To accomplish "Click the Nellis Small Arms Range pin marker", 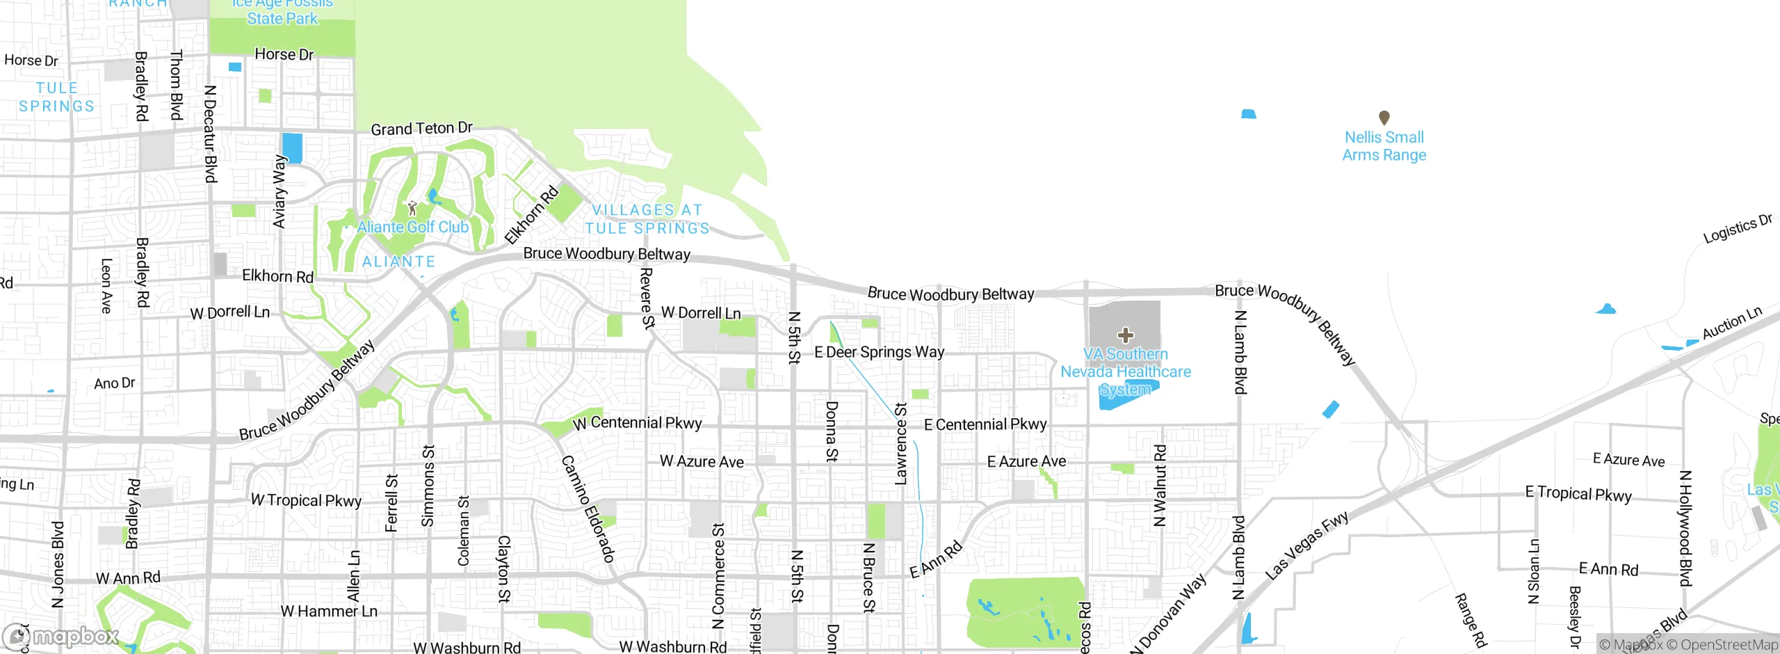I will click(1384, 118).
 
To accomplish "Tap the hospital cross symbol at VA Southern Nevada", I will click(1125, 335).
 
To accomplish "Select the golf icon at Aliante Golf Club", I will click(412, 208).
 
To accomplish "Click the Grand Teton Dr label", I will click(421, 129).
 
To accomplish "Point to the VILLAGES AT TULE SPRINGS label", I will click(647, 219).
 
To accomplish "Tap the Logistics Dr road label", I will click(1737, 229).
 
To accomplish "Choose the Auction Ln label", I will click(1731, 323).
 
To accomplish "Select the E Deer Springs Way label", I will click(879, 352).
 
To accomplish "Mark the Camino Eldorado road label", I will click(588, 509).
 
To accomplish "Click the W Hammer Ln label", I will click(329, 612).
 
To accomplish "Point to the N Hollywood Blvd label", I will click(1685, 528).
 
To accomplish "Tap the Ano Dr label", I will click(115, 383).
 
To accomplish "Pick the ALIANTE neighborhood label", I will click(398, 262).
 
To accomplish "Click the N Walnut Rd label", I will click(1160, 486).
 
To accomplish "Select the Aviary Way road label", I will click(280, 191).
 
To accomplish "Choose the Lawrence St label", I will click(901, 444).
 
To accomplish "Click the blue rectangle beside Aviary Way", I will click(292, 148).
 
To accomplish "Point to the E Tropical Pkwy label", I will click(1578, 494).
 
